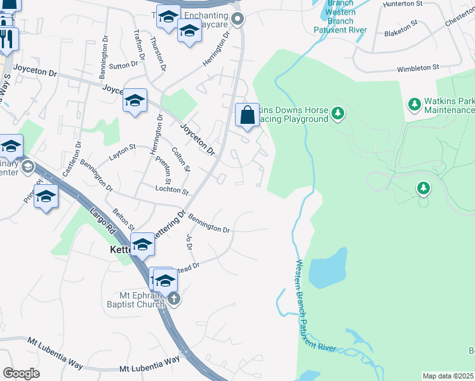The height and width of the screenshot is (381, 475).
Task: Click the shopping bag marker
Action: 248,116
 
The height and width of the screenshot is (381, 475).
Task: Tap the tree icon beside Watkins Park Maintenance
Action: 415,103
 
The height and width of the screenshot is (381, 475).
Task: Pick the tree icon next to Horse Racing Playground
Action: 338,114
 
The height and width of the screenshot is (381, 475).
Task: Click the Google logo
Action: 21,373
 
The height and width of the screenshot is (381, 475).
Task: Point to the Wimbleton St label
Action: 418,67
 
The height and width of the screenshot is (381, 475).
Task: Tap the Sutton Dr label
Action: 124,65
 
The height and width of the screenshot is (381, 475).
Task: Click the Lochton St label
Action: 172,190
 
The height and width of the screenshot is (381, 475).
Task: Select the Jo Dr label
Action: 189,241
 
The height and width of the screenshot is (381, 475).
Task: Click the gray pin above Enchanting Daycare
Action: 238,19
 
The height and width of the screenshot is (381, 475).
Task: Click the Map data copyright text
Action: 448,376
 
